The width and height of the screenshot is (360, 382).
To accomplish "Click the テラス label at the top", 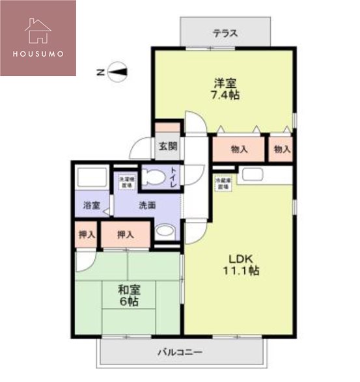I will coord(225,33).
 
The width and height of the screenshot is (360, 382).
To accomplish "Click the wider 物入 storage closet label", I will coord(239,149).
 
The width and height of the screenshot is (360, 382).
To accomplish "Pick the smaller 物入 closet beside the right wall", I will coord(282,149).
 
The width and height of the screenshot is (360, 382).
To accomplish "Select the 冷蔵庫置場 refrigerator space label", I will coord(223,183).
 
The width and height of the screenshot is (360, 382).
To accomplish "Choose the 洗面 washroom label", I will coord(146,205).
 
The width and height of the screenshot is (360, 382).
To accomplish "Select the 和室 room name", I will coord(128,290).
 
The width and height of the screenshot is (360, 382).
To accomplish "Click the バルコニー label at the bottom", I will coord(179,352).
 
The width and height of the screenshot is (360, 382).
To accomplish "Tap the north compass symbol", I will coord(117,72).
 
